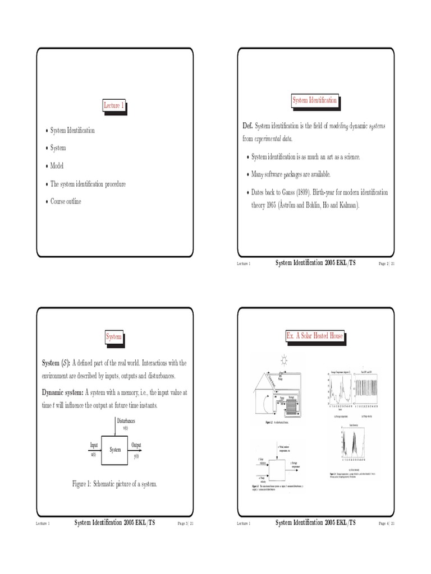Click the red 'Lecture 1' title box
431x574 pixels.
pos(114,105)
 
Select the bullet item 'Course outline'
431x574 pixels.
pos(66,201)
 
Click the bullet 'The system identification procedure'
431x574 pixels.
pos(88,184)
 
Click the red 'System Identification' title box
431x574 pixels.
pos(314,100)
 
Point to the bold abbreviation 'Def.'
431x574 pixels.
pos(248,126)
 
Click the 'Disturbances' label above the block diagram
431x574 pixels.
pos(126,420)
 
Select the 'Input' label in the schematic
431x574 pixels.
pos(94,445)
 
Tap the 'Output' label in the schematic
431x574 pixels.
pos(136,445)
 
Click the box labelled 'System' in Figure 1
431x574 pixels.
pos(115,450)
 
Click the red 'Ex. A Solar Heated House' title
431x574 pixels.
pos(314,338)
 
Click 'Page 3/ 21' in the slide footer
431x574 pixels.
pos(185,523)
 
